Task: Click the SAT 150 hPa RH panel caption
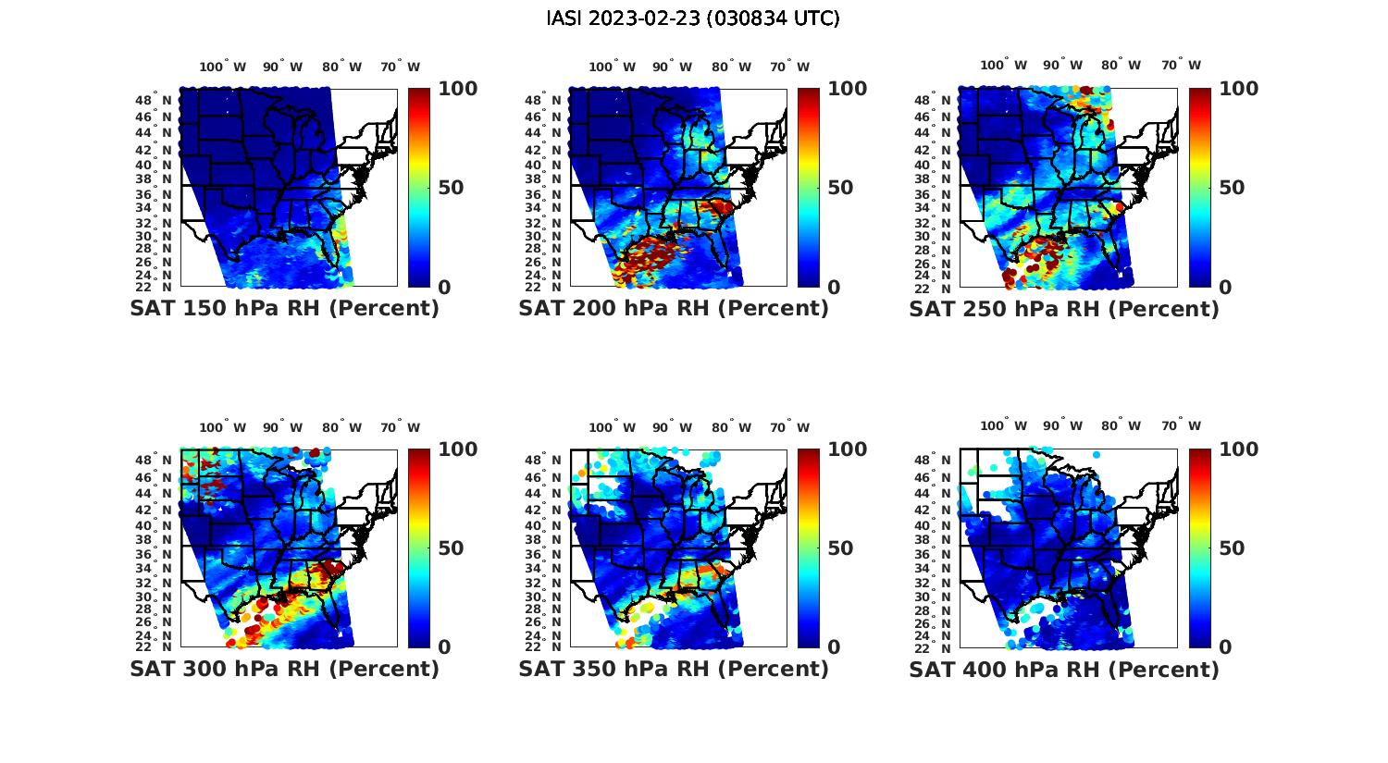click(x=284, y=309)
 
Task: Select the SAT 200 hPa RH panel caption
click(x=674, y=309)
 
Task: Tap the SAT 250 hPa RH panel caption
click(x=1064, y=309)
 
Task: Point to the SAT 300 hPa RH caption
click(x=284, y=669)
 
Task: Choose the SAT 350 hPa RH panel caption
click(x=674, y=669)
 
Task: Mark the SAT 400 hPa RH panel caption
click(x=1064, y=669)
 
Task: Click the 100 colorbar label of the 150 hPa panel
click(x=458, y=89)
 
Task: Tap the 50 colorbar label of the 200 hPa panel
click(x=840, y=188)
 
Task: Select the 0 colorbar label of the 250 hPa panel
click(x=1225, y=288)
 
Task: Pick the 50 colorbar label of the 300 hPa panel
click(x=451, y=548)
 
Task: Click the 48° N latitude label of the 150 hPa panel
click(x=155, y=100)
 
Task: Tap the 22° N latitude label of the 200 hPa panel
click(x=544, y=288)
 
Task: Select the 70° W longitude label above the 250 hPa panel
click(x=1181, y=65)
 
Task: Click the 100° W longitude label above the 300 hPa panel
click(x=223, y=427)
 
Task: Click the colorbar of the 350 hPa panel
click(x=808, y=548)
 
